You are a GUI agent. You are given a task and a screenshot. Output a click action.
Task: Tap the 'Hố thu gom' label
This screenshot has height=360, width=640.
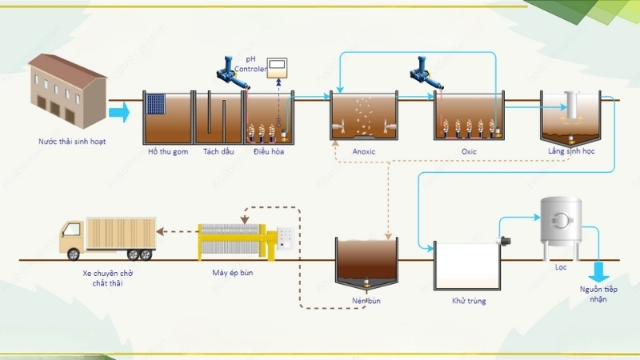(x=167, y=151)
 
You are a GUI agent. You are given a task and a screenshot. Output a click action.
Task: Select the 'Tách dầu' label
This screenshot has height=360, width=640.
(x=217, y=151)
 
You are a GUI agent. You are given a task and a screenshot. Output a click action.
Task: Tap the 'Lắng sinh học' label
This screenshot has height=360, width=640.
(x=571, y=151)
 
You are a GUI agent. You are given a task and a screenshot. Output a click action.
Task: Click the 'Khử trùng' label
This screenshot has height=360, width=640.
(x=469, y=302)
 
